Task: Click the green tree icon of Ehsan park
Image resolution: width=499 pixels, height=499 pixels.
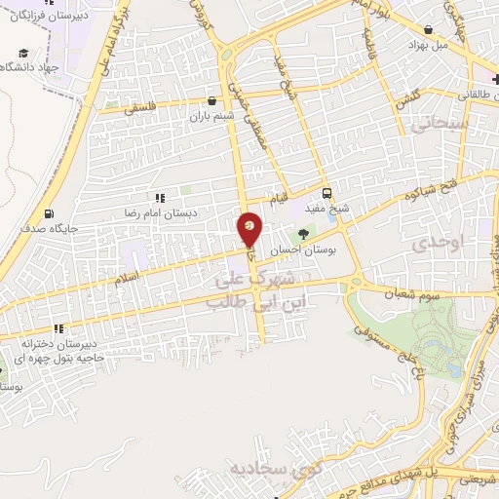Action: (303, 234)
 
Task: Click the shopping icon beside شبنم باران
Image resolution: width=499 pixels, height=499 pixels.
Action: (211, 100)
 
